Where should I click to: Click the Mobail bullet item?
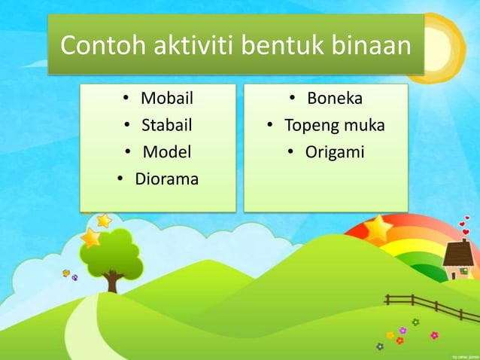coord(167,98)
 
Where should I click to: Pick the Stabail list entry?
coord(167,125)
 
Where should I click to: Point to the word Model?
coord(167,152)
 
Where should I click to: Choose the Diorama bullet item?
coord(166,179)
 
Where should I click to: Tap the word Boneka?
coord(335,98)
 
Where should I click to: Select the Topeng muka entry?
coord(334,125)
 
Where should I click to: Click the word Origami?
coord(334,152)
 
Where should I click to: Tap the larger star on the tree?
coord(90,238)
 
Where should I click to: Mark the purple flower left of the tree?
coord(74,278)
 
